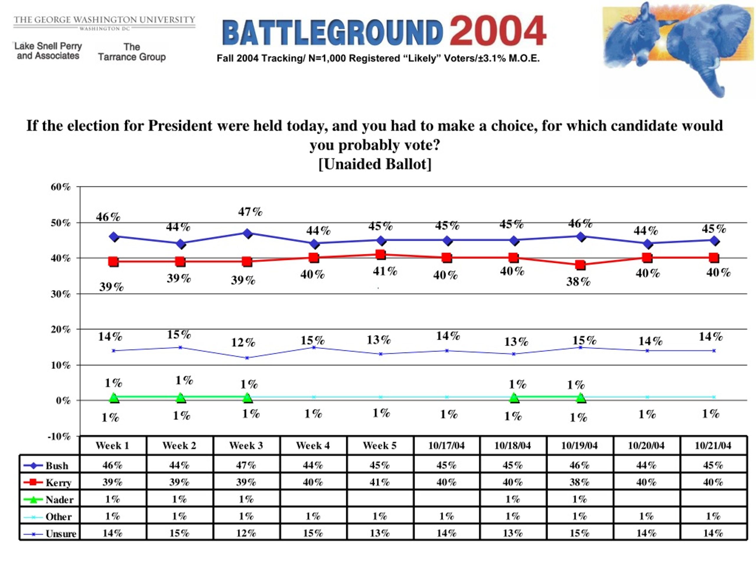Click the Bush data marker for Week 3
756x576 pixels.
click(x=247, y=233)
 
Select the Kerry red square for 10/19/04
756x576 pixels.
click(x=580, y=265)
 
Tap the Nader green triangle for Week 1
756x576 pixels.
click(x=114, y=398)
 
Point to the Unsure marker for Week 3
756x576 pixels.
click(x=247, y=358)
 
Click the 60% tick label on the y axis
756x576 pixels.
click(x=61, y=187)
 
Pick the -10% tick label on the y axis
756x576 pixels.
click(x=59, y=436)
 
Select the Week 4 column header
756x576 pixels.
click(x=313, y=446)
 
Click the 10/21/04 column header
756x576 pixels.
click(x=713, y=446)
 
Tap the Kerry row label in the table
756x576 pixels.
click(x=58, y=482)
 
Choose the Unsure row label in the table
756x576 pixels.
click(x=61, y=534)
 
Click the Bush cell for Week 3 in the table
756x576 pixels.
click(x=246, y=465)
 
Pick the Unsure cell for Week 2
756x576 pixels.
click(x=179, y=533)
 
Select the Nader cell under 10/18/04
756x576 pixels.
click(x=513, y=499)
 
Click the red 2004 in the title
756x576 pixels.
click(x=498, y=32)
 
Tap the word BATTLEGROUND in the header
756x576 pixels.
click(x=332, y=33)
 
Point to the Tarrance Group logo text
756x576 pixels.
click(x=132, y=52)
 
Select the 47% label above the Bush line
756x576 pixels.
click(x=250, y=212)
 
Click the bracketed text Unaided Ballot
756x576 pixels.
click(x=375, y=164)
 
